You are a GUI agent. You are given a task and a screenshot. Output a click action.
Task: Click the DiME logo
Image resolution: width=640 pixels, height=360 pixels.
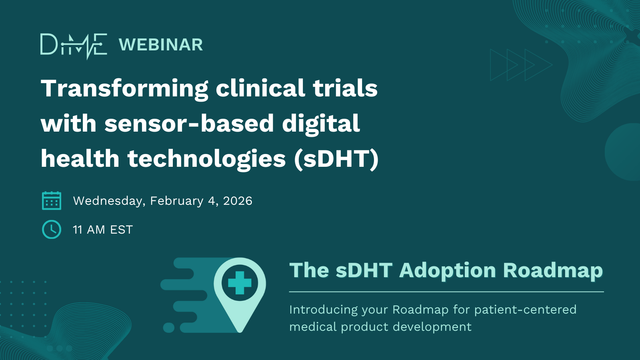74,46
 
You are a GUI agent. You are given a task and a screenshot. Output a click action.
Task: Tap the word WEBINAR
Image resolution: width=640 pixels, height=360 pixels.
160,45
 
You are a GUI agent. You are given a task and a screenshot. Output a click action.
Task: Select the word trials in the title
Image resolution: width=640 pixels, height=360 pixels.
345,88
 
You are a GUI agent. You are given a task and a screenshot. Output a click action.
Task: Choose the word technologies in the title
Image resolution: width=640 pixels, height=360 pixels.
206,159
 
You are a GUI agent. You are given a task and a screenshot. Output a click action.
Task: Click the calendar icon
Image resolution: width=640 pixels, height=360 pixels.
52,200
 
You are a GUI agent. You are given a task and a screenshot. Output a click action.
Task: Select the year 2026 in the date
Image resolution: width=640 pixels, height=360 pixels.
238,201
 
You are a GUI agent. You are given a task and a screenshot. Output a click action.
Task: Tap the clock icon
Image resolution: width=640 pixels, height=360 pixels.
52,230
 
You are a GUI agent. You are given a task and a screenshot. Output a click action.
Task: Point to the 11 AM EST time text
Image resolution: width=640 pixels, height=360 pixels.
103,230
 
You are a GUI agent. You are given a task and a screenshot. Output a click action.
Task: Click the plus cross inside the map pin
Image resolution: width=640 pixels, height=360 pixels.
240,283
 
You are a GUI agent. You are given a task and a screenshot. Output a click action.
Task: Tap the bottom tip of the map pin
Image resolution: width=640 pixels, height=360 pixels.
240,332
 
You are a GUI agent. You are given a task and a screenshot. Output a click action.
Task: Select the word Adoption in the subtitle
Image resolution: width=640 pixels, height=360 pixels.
448,271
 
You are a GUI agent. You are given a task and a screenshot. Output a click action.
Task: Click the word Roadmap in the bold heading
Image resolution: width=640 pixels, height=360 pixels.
553,271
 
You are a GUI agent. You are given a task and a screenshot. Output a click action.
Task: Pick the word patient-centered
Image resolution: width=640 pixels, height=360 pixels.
526,310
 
